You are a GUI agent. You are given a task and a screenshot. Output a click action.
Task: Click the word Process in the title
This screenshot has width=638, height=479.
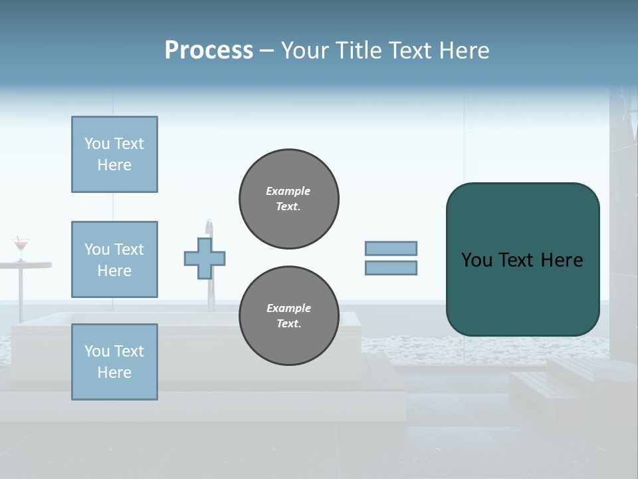click(x=209, y=51)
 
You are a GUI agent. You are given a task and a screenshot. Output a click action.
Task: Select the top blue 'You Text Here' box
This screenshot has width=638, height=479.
click(x=114, y=154)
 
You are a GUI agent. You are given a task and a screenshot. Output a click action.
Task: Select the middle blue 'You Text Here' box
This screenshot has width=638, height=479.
click(x=114, y=259)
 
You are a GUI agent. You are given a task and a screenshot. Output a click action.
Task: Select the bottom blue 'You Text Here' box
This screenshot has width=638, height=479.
click(x=114, y=361)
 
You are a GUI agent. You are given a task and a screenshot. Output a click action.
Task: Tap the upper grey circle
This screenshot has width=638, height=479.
click(x=288, y=199)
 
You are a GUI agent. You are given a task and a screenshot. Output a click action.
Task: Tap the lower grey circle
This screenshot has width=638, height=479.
click(x=288, y=316)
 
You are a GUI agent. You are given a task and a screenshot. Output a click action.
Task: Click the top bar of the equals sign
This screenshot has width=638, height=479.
click(x=391, y=249)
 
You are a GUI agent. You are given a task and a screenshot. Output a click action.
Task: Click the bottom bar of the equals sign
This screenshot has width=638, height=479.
click(x=391, y=268)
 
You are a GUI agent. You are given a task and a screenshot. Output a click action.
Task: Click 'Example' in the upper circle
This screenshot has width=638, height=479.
click(x=288, y=191)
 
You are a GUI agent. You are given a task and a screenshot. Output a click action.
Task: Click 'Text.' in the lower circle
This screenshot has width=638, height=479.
click(x=288, y=324)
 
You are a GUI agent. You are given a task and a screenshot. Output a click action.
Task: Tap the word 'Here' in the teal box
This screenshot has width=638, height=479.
click(x=562, y=260)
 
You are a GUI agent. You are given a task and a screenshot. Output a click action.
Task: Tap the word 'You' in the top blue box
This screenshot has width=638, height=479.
click(x=96, y=144)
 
